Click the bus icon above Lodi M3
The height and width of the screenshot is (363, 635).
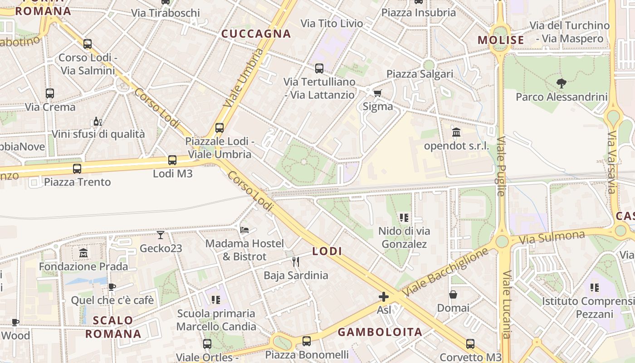click(x=172, y=160)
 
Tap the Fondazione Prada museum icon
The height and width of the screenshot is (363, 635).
click(x=83, y=253)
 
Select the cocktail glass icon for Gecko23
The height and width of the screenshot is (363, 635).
click(x=161, y=235)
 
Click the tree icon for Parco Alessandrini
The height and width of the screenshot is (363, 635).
click(x=562, y=83)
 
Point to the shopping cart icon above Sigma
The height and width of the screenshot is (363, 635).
click(x=377, y=93)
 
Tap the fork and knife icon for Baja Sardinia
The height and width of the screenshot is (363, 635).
click(x=296, y=261)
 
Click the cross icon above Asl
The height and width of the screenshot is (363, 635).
click(x=384, y=297)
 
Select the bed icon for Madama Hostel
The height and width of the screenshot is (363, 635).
click(x=244, y=230)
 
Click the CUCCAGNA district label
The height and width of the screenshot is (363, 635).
click(x=256, y=34)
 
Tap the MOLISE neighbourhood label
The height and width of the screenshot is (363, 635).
click(x=501, y=40)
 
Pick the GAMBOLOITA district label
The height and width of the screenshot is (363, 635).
click(x=380, y=332)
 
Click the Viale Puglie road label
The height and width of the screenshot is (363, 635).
click(x=501, y=166)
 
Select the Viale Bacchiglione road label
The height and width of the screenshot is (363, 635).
click(x=447, y=271)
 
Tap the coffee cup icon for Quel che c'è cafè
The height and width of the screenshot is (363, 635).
click(x=112, y=287)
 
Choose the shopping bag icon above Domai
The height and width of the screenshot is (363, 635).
click(x=453, y=294)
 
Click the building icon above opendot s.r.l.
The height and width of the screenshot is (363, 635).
click(x=456, y=132)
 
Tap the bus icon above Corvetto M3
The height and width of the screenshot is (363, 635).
click(x=470, y=343)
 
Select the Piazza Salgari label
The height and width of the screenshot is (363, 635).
click(x=420, y=74)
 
